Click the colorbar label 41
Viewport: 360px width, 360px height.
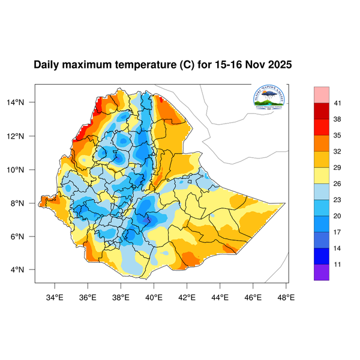pyautogui.click(x=338, y=103)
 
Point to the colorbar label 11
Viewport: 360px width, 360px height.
pyautogui.click(x=338, y=264)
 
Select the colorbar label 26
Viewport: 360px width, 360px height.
pyautogui.click(x=338, y=184)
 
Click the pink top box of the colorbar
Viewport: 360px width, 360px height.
pyautogui.click(x=322, y=94)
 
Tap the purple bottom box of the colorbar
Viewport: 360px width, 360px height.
pyautogui.click(x=322, y=272)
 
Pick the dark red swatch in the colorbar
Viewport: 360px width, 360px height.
pyautogui.click(x=322, y=111)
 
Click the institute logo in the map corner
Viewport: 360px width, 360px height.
pyautogui.click(x=268, y=98)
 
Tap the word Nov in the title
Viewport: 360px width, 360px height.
pyautogui.click(x=254, y=64)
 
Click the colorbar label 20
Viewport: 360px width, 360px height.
pyautogui.click(x=338, y=215)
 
